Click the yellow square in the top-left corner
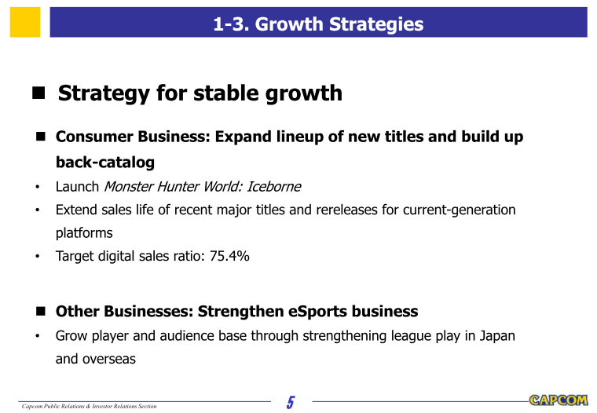point(25,22)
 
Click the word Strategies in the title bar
point(376,24)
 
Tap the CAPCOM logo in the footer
point(559,400)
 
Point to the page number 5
point(291,402)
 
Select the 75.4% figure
point(229,256)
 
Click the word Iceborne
point(273,187)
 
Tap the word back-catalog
point(105,163)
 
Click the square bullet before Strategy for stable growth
point(38,93)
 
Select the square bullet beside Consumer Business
point(41,137)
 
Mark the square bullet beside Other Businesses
point(41,312)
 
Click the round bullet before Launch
point(38,187)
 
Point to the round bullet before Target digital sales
point(38,256)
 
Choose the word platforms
point(84,233)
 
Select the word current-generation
point(460,210)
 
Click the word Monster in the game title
point(129,187)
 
